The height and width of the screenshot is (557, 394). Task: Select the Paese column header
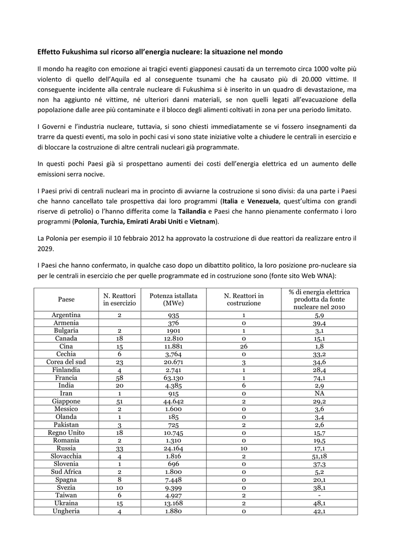(66, 299)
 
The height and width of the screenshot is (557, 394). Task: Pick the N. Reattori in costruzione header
(243, 299)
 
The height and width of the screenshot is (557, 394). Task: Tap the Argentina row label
(66, 315)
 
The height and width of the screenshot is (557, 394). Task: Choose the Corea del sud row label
(66, 362)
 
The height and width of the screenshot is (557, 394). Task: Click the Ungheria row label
(66, 511)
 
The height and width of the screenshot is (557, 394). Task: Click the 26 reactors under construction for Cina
(243, 346)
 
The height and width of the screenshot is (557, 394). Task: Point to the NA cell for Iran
(319, 393)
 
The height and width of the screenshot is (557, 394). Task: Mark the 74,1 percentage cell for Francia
(319, 377)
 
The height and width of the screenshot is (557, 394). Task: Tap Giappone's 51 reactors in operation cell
(119, 401)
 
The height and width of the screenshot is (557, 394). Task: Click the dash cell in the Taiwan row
(319, 496)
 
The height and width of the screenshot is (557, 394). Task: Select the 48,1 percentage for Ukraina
(319, 503)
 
